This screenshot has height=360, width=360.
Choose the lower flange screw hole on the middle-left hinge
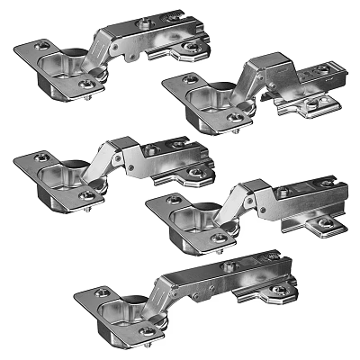[87, 193]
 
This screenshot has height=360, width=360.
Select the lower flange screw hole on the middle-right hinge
[219, 238]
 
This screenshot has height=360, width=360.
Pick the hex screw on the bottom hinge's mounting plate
[280, 290]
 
